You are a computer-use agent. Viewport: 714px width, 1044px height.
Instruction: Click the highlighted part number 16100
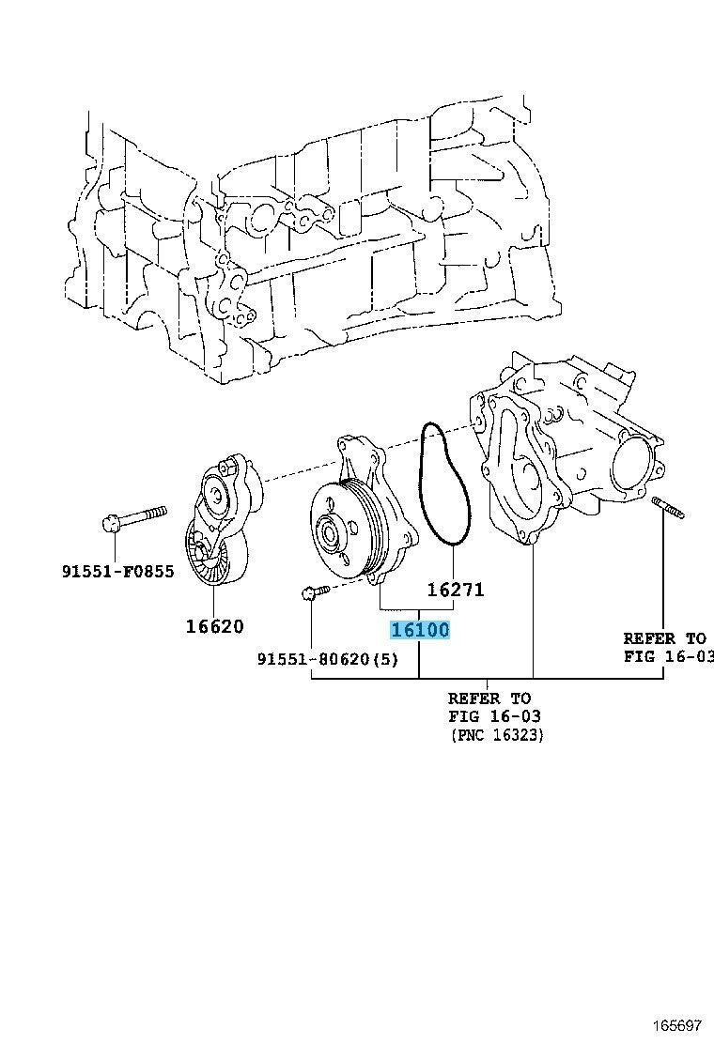point(420,630)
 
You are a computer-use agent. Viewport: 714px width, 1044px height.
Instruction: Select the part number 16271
point(455,590)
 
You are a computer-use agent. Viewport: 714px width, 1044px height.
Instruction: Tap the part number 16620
point(215,626)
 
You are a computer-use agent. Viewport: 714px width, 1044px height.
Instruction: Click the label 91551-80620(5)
point(327,659)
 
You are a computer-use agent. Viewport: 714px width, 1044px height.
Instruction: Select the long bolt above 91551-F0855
point(136,516)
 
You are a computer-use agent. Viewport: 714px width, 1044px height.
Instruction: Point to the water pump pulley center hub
point(331,535)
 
